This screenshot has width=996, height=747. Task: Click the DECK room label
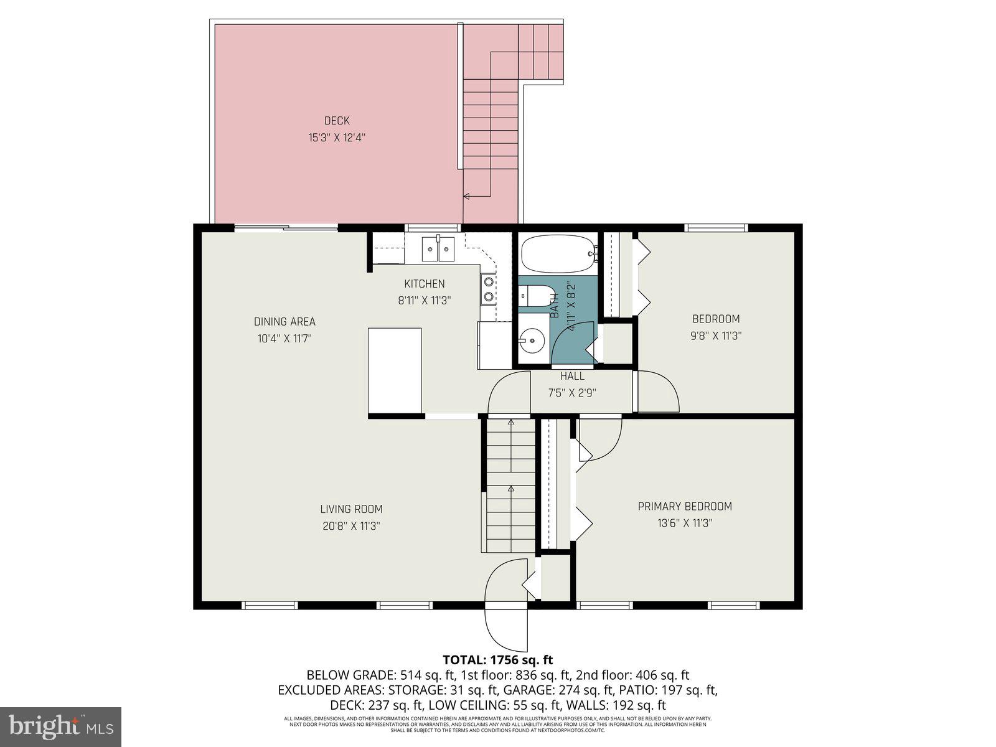click(337, 121)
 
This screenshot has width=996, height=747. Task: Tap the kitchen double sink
click(438, 249)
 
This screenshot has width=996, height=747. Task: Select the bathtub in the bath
click(557, 254)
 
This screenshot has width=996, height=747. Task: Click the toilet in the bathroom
click(535, 296)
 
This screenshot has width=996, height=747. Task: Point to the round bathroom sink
click(532, 341)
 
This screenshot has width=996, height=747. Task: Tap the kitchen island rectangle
click(395, 370)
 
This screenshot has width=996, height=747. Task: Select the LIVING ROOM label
click(351, 509)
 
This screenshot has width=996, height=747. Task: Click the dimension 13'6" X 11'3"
click(685, 524)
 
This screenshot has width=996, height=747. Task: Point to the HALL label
click(572, 376)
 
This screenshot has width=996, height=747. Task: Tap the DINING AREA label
click(284, 322)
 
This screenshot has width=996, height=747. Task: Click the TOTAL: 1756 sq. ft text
click(497, 660)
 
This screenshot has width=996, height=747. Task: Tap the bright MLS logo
click(61, 726)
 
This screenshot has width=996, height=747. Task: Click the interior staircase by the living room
click(510, 486)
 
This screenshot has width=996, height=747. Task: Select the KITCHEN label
click(424, 284)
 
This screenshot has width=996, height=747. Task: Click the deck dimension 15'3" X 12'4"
click(337, 138)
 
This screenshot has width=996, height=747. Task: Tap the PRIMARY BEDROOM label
click(685, 507)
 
